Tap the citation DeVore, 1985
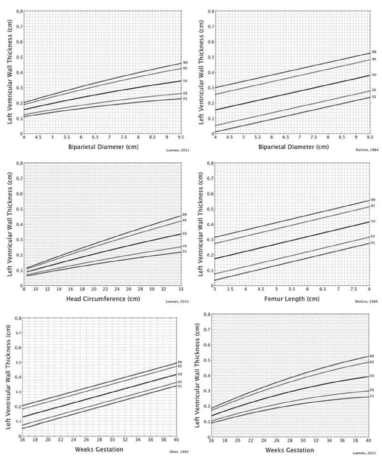(x=365, y=302)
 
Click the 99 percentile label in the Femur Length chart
(x=373, y=199)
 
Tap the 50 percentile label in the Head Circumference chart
(x=184, y=233)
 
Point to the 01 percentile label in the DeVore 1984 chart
(x=374, y=97)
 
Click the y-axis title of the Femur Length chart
(x=202, y=224)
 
